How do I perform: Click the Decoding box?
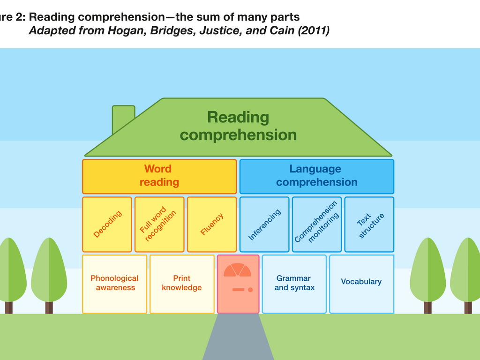107,225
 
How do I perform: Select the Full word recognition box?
159,225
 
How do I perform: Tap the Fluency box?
212,225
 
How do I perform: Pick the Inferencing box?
264,225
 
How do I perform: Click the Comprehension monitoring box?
317,225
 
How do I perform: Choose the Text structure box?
369,225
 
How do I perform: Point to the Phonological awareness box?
114,284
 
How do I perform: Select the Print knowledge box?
182,284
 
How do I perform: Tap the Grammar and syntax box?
294,284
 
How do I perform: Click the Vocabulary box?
361,284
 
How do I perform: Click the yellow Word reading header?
159,176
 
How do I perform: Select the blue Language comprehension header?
317,176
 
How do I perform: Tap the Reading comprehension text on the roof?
238,126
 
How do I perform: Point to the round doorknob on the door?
250,290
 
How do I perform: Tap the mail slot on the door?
239,290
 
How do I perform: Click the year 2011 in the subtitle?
315,31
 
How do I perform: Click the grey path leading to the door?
238,337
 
